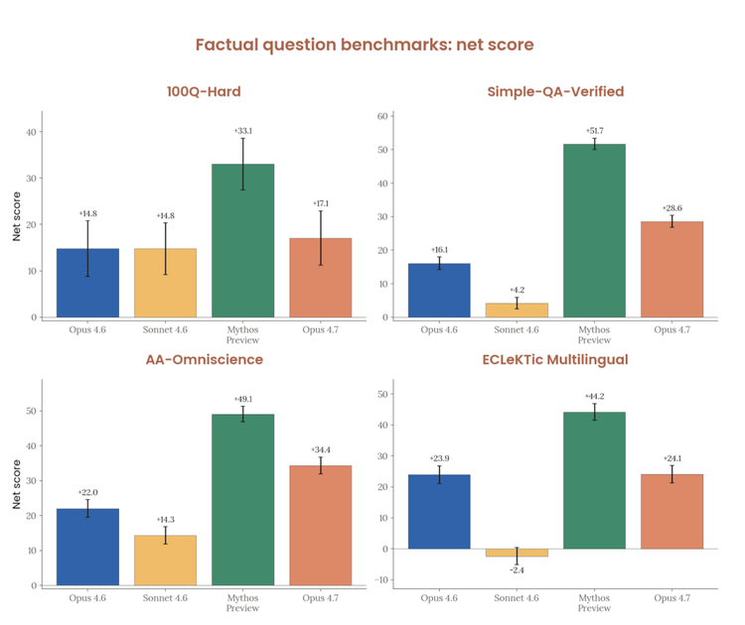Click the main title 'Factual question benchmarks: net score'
pos(365,45)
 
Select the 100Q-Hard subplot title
pos(203,92)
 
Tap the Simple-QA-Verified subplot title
pos(555,92)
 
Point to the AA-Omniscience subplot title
pos(203,359)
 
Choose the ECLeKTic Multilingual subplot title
pos(555,359)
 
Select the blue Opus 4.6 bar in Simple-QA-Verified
pos(438,291)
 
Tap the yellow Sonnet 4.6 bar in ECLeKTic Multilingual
pos(516,553)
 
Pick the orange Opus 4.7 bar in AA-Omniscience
pos(320,525)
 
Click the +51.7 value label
pos(594,131)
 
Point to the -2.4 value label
pos(516,570)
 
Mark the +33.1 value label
pos(242,131)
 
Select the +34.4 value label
pos(320,449)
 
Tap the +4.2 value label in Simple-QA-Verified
pos(516,291)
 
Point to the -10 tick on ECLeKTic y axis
pos(383,579)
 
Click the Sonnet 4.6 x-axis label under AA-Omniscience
pos(165,598)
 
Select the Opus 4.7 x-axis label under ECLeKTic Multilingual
pos(671,598)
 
